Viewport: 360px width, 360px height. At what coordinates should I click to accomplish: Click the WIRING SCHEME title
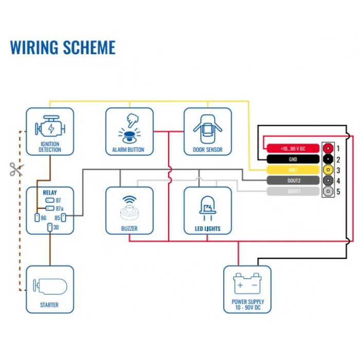(63, 47)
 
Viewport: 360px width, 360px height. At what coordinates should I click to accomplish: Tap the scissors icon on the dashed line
(16, 169)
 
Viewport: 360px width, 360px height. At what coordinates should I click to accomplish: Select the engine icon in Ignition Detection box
(49, 126)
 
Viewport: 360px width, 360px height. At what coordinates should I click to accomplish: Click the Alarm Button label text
(129, 150)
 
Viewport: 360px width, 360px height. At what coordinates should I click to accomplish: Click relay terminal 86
(37, 218)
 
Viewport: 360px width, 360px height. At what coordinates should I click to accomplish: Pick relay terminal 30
(49, 227)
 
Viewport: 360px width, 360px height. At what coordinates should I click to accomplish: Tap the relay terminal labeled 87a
(50, 208)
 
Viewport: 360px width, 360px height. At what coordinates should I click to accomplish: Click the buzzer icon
(129, 207)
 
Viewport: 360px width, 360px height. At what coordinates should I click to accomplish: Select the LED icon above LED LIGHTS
(207, 207)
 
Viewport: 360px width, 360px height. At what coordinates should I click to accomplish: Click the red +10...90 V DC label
(293, 149)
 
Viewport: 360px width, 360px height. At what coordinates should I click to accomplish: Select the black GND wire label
(293, 159)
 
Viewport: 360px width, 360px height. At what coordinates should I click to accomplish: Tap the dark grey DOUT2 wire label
(293, 181)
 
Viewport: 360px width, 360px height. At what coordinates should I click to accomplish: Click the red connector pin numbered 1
(328, 149)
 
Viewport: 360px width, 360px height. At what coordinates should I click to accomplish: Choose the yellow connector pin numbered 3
(328, 170)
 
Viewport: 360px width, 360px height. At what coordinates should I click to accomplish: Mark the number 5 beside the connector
(338, 191)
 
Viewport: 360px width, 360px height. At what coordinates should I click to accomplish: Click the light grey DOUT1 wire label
(293, 191)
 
